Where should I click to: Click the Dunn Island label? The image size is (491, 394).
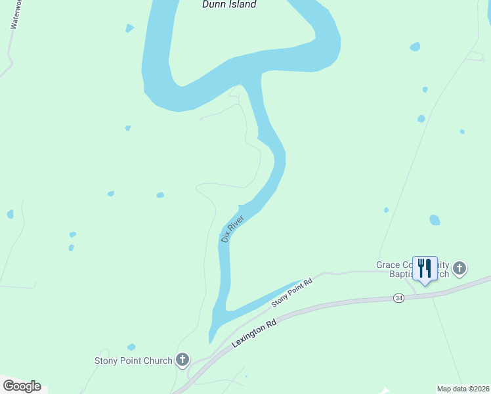(x=228, y=5)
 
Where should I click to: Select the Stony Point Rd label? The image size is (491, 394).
(x=292, y=294)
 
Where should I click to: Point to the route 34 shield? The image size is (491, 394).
(x=399, y=298)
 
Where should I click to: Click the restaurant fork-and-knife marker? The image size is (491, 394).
(x=425, y=268)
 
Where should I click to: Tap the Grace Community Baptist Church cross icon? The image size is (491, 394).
(x=459, y=268)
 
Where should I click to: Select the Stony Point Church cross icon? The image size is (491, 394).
(x=182, y=360)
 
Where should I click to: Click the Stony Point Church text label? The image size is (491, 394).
(x=133, y=361)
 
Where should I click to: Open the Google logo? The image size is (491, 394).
(x=22, y=386)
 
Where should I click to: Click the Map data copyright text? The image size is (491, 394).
(x=463, y=389)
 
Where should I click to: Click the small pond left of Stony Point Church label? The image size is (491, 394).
(x=131, y=347)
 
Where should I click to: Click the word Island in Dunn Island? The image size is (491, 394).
(x=240, y=5)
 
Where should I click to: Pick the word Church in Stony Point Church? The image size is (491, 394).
(x=157, y=361)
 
